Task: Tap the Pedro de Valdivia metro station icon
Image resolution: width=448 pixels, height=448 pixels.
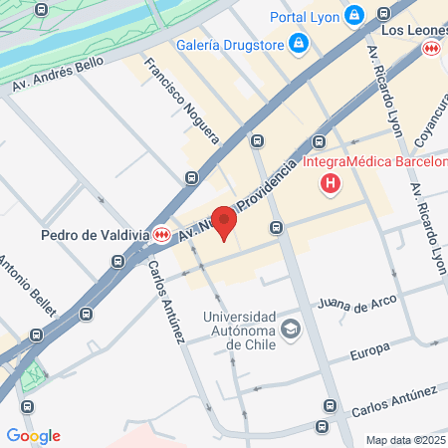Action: click(x=159, y=235)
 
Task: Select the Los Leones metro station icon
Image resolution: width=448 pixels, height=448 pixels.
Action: click(x=432, y=48)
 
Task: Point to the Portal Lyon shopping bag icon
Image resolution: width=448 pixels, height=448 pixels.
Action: click(x=353, y=16)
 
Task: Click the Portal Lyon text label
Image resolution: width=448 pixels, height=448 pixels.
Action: click(x=305, y=16)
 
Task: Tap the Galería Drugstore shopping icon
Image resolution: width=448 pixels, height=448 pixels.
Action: click(x=298, y=43)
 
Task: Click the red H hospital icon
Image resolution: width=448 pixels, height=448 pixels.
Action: click(x=331, y=183)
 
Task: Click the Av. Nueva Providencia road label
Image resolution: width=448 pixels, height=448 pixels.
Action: click(x=238, y=204)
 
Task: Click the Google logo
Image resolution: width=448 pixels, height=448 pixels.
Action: click(x=33, y=435)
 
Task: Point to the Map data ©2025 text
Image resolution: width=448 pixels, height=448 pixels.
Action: click(x=405, y=440)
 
